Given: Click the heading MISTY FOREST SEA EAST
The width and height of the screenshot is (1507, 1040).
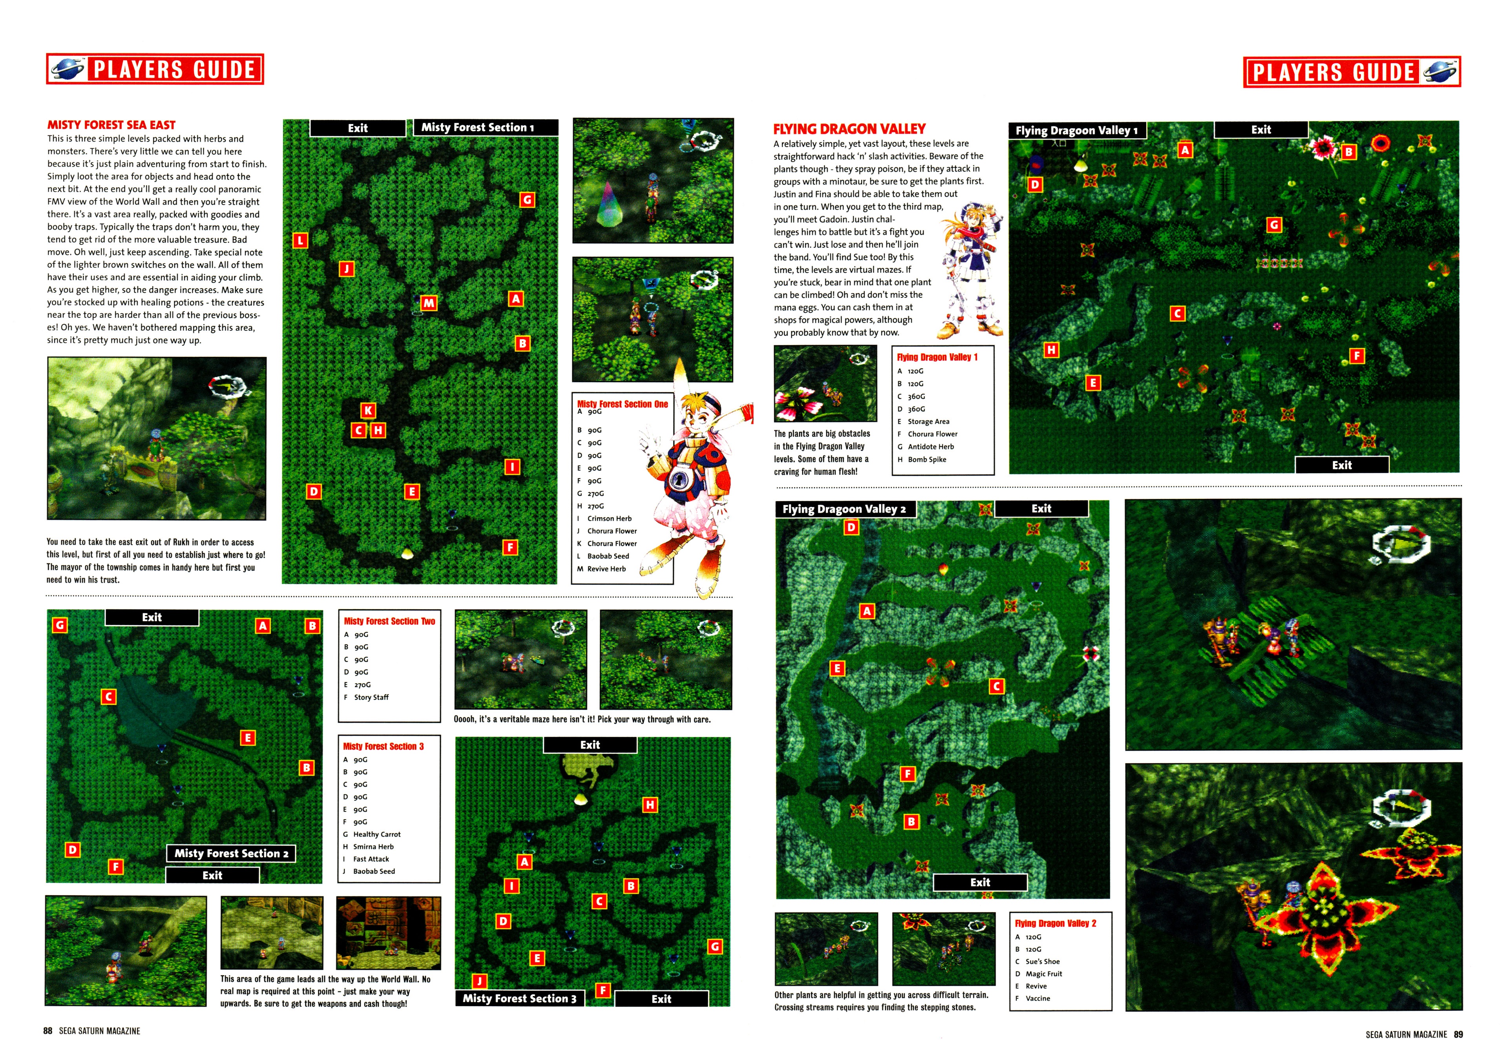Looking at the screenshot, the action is (x=111, y=124).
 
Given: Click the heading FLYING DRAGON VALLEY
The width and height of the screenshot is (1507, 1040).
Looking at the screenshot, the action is (x=849, y=129).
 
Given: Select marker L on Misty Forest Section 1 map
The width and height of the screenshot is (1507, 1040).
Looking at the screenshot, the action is (x=300, y=241).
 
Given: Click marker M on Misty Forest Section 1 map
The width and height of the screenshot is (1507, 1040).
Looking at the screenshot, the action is (x=428, y=303).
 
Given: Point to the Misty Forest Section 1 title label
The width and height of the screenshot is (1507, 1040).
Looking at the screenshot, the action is (x=485, y=128).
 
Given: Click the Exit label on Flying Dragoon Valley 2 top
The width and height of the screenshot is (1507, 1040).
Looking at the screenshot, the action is (x=1041, y=508).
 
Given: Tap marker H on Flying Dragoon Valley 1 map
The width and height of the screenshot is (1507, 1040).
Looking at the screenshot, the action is (x=1051, y=350).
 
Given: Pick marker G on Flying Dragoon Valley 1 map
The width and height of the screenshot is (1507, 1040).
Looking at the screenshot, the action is (x=1274, y=225).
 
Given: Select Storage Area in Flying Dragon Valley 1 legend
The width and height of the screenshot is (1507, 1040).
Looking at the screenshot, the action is (x=929, y=421).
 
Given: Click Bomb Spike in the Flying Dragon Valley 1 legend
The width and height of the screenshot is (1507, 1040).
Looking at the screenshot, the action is (x=927, y=460).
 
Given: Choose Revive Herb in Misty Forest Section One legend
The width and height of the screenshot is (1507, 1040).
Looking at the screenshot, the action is (x=607, y=569).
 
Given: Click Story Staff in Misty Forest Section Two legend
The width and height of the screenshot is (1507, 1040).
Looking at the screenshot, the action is (x=371, y=697).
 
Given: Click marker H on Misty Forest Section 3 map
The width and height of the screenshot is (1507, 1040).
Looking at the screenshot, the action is (x=650, y=805).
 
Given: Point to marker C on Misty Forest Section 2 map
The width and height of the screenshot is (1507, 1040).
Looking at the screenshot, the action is (x=109, y=697).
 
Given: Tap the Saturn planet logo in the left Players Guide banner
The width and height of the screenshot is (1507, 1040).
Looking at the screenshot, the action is (x=68, y=69).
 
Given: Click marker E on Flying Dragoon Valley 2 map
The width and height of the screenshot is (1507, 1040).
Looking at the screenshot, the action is (x=837, y=668).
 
